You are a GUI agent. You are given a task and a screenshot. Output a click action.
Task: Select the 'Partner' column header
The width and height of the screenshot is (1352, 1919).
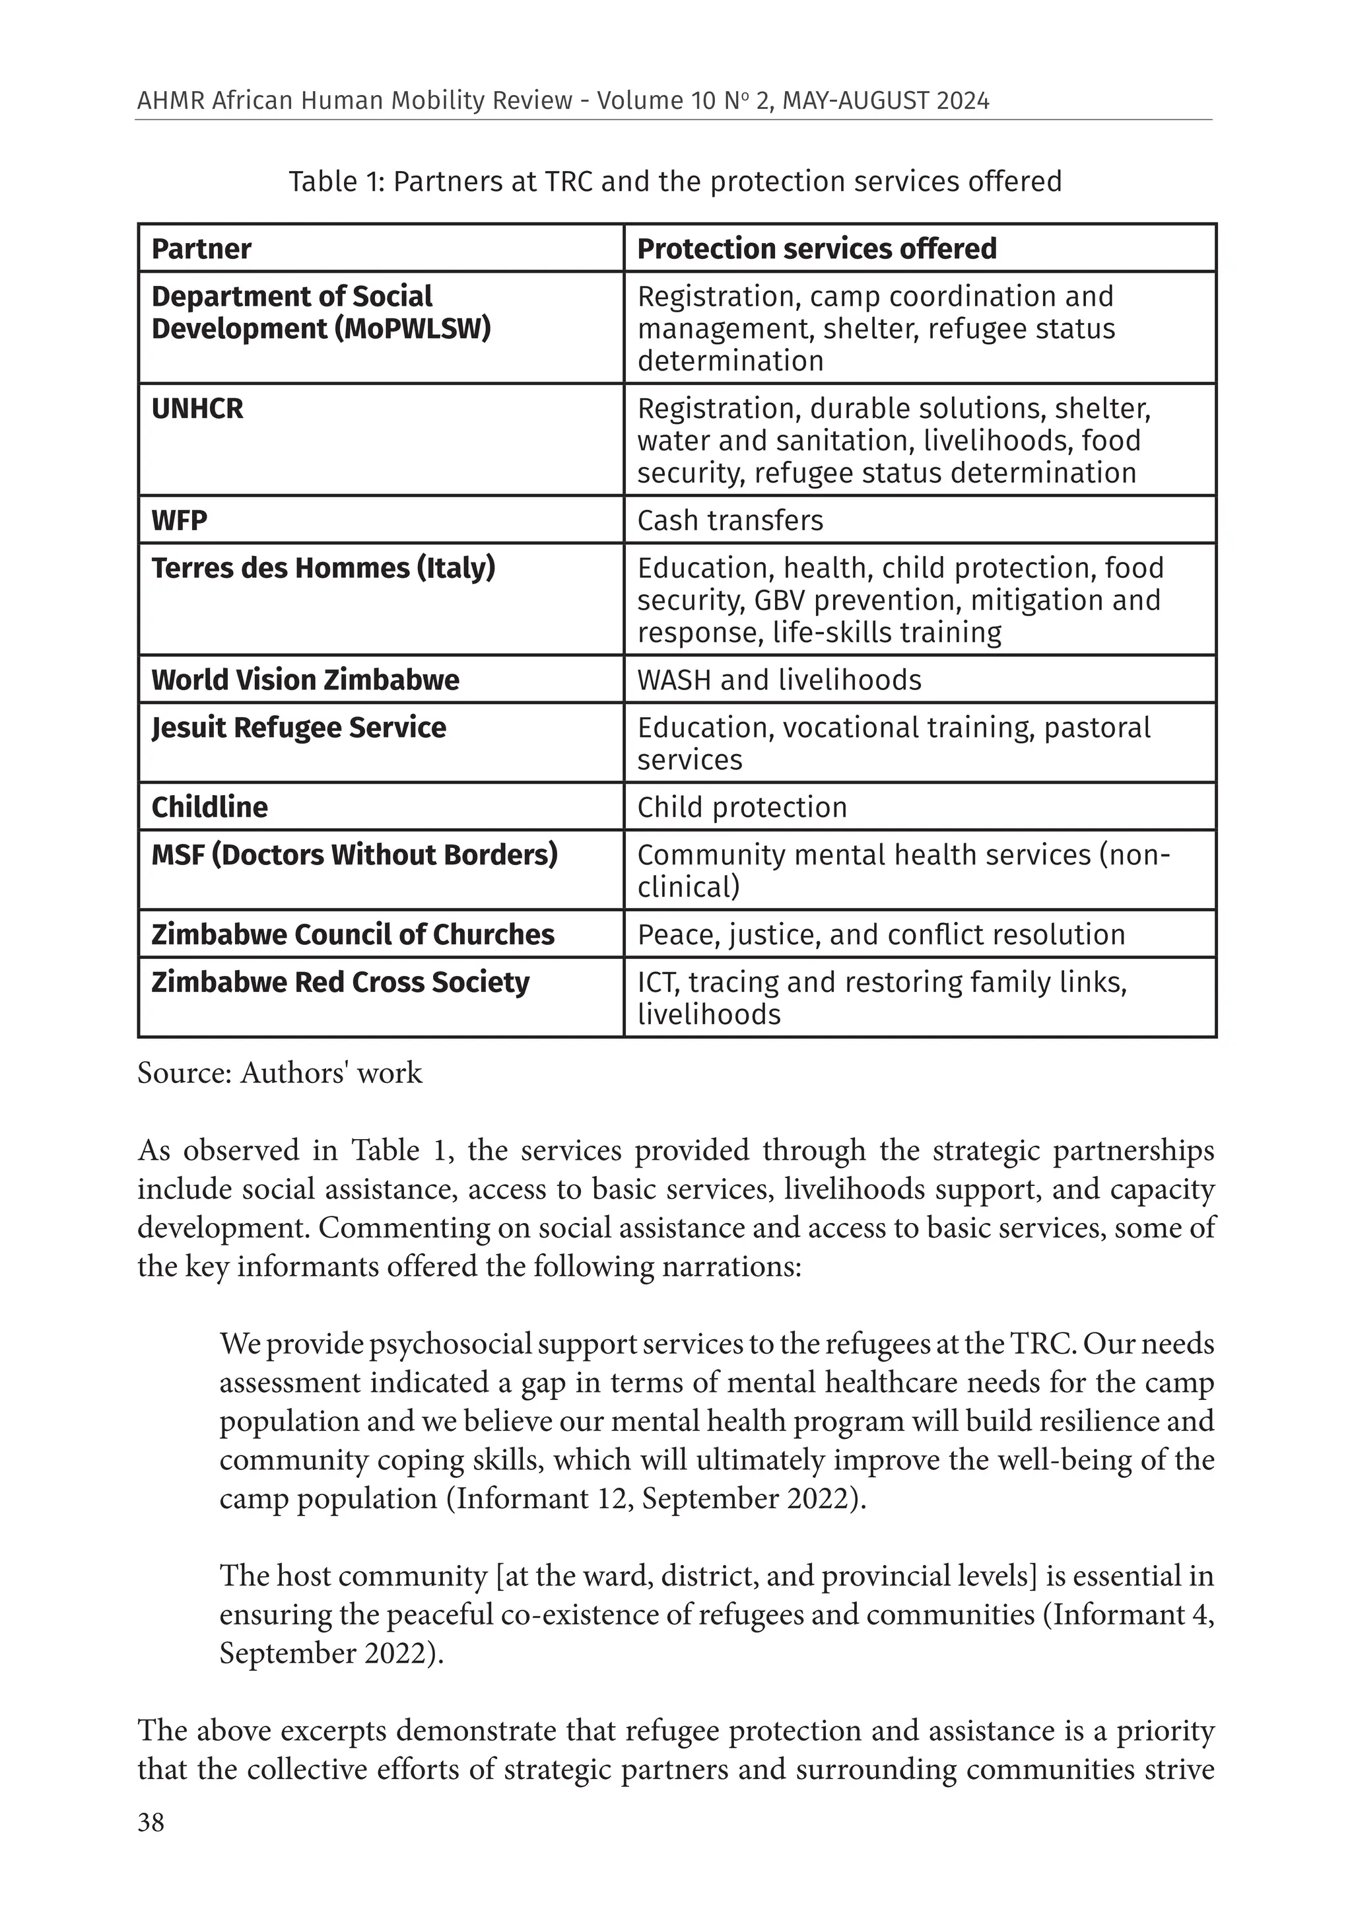(201, 249)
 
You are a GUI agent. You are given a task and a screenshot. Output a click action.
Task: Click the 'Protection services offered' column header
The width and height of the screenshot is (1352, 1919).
(817, 249)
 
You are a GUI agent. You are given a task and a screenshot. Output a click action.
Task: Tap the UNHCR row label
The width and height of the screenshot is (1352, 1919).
(197, 409)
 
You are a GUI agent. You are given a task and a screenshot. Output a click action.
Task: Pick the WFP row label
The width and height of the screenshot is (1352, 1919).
(179, 521)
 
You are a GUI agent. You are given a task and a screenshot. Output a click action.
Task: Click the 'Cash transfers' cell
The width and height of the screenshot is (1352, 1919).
(729, 521)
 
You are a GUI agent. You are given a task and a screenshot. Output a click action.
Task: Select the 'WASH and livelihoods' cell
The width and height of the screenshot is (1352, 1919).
(779, 680)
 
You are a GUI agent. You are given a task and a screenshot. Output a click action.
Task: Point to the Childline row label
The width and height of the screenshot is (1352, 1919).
(210, 808)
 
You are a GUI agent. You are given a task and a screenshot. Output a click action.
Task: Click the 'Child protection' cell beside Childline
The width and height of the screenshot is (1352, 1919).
(741, 808)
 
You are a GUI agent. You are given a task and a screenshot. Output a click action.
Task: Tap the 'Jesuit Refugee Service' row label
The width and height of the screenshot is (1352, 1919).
(298, 728)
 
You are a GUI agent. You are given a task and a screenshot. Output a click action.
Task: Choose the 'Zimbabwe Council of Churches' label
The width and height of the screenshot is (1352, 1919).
(353, 934)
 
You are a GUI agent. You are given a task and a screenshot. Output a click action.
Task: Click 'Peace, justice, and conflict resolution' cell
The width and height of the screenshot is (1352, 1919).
(881, 934)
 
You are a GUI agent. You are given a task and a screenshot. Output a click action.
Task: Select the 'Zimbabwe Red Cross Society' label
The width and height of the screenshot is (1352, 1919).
(340, 982)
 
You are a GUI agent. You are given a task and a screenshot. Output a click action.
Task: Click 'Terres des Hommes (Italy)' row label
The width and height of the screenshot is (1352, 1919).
(323, 569)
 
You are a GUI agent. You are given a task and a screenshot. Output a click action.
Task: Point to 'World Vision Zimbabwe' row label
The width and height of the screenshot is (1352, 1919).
(305, 680)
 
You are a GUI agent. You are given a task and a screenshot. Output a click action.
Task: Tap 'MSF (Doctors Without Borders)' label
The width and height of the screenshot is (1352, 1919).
(355, 855)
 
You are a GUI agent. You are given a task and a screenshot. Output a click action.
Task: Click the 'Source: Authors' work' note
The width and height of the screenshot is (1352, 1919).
(280, 1072)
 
